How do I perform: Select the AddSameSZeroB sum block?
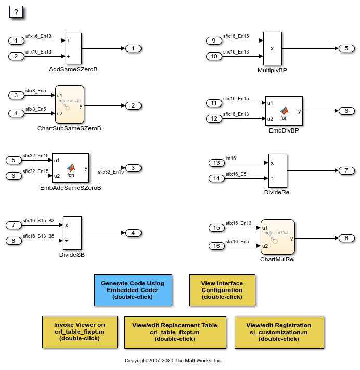tap(74, 48)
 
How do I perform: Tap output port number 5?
tap(346, 48)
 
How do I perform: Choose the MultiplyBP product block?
tap(272, 48)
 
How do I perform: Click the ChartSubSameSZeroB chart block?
tap(70, 104)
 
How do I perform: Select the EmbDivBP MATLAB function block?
tap(284, 111)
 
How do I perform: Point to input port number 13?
tap(215, 163)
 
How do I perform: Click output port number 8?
tap(346, 238)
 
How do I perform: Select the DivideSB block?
tap(72, 233)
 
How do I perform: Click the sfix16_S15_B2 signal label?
tap(38, 221)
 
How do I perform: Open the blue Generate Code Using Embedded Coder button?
tap(133, 290)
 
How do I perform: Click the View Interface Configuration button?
tap(222, 290)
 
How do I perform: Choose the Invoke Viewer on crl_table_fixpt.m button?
tap(80, 332)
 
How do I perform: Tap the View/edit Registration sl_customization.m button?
tap(279, 332)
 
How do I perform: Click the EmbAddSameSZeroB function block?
tap(70, 168)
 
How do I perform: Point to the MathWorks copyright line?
tap(173, 360)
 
